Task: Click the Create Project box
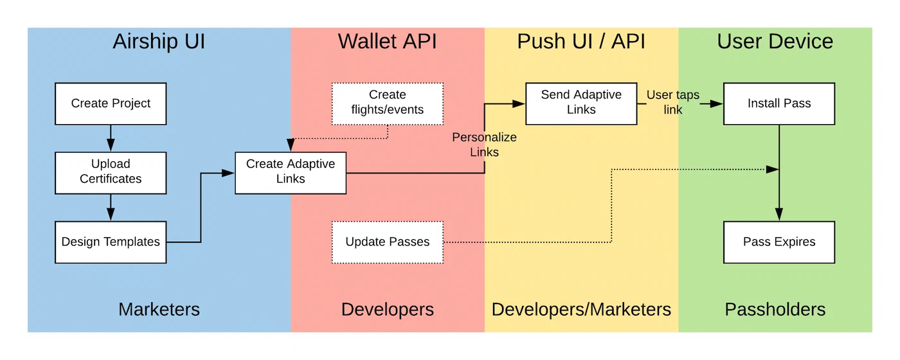pyautogui.click(x=111, y=104)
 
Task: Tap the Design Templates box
pyautogui.click(x=111, y=242)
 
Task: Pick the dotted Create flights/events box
pyautogui.click(x=388, y=104)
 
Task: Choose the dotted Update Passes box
pyautogui.click(x=388, y=242)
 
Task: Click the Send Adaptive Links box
pyautogui.click(x=581, y=104)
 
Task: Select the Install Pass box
pyautogui.click(x=779, y=104)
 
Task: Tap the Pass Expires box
pyautogui.click(x=779, y=242)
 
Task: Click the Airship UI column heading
pyautogui.click(x=159, y=42)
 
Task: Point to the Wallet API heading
pyautogui.click(x=388, y=42)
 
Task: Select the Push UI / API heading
pyautogui.click(x=581, y=42)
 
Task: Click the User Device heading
pyautogui.click(x=775, y=42)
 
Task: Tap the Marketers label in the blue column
pyautogui.click(x=159, y=309)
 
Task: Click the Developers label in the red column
pyautogui.click(x=388, y=309)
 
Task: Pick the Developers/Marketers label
pyautogui.click(x=581, y=309)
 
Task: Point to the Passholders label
pyautogui.click(x=775, y=309)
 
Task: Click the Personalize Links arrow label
pyautogui.click(x=484, y=145)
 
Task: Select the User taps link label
pyautogui.click(x=672, y=102)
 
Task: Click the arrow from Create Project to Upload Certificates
pyautogui.click(x=111, y=138)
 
